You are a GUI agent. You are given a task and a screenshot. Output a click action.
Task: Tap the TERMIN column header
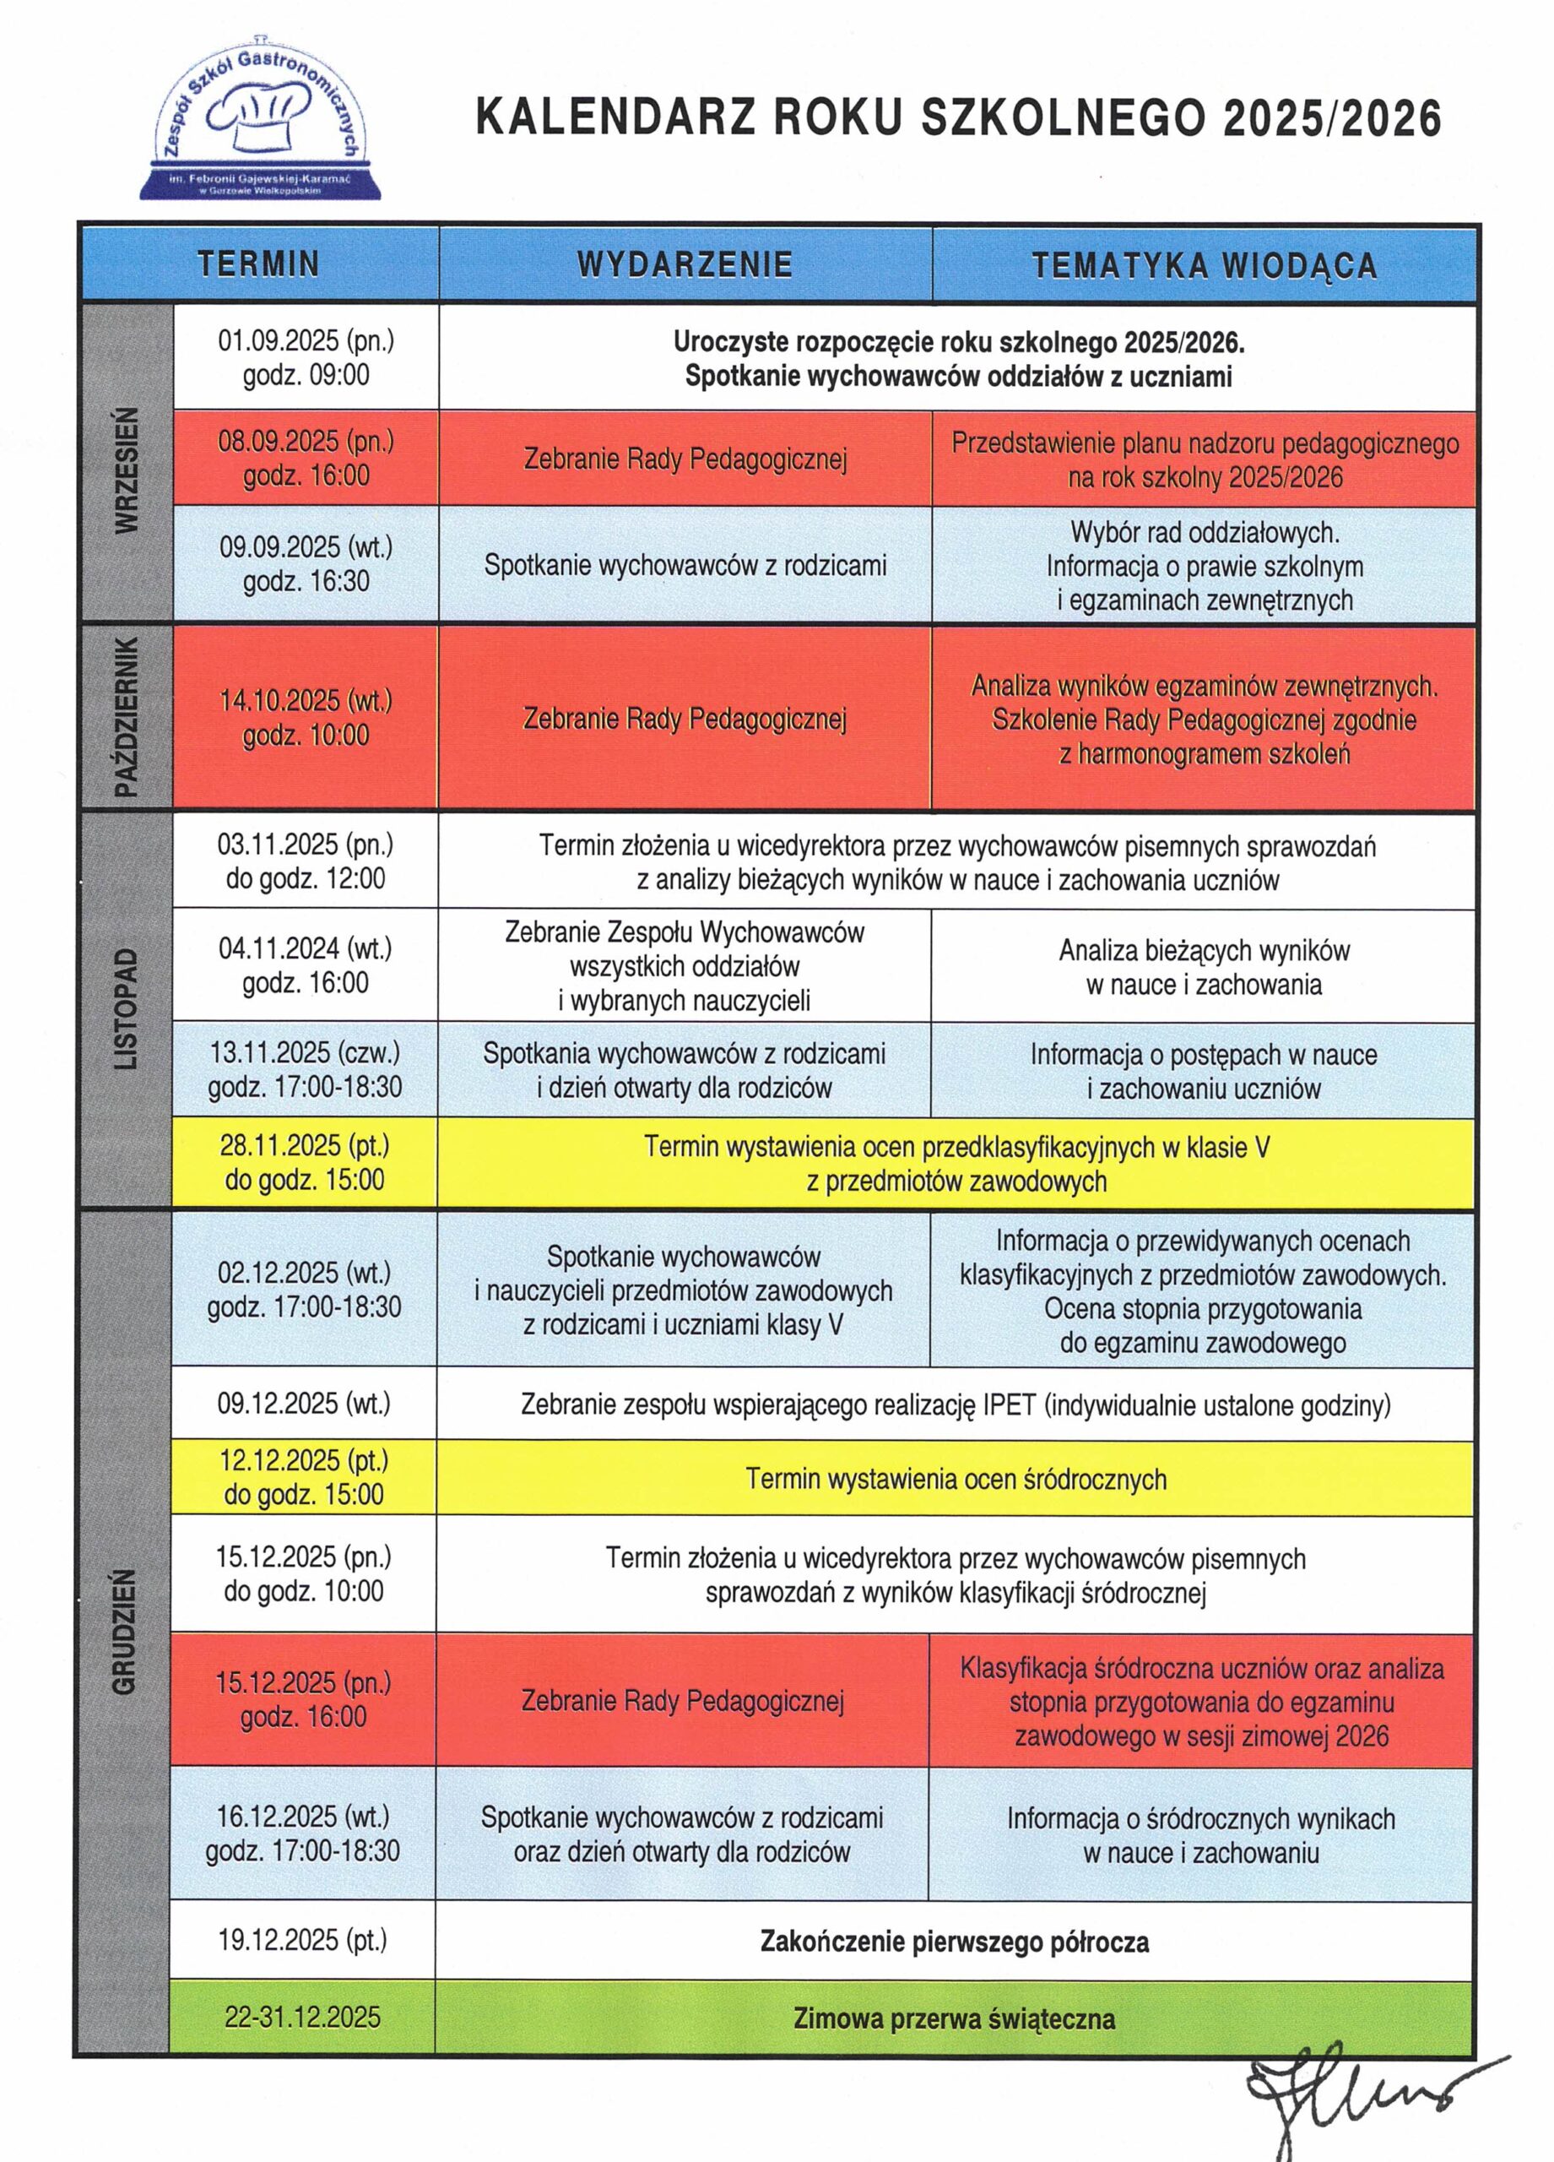pos(258,263)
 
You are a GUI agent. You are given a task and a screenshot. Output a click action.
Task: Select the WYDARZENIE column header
pos(685,263)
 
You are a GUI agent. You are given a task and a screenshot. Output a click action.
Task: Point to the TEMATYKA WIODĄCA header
pos(1205,264)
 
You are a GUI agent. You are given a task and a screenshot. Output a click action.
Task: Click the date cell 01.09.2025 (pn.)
pos(306,357)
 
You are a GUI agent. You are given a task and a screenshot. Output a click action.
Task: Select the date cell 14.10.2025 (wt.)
pos(306,718)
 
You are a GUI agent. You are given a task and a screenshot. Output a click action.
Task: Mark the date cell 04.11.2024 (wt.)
pos(305,965)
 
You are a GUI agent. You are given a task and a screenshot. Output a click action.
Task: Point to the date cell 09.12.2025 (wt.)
pos(304,1404)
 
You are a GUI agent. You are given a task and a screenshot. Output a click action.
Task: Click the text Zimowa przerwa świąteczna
pos(954,2018)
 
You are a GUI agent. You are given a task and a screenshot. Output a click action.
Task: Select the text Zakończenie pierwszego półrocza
pos(954,1942)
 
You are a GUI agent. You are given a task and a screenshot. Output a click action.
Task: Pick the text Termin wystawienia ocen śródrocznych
pos(956,1479)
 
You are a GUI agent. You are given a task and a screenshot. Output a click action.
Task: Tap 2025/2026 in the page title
pos(1332,118)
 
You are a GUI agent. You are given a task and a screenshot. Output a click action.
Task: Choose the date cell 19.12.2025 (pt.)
pos(303,1940)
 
